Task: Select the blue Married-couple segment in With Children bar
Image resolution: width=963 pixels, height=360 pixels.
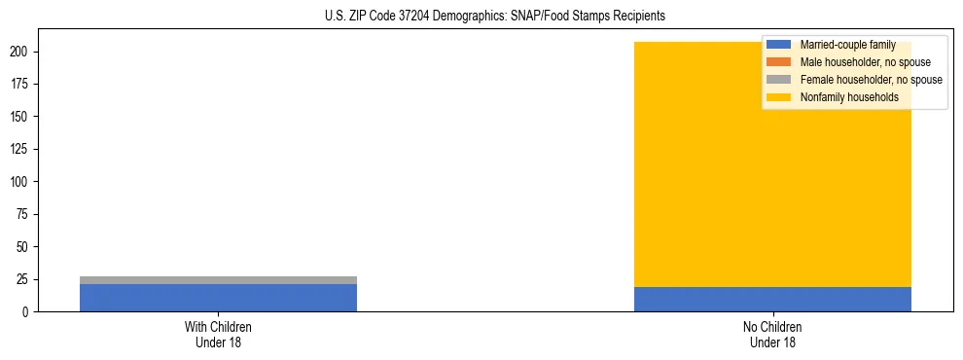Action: click(x=218, y=298)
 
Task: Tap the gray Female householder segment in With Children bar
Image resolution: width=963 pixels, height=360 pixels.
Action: click(x=218, y=280)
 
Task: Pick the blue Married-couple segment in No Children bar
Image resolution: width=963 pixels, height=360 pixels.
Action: click(x=772, y=300)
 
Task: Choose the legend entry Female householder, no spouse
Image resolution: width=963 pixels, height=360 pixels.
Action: click(x=871, y=80)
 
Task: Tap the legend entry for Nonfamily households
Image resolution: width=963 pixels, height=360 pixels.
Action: click(x=849, y=97)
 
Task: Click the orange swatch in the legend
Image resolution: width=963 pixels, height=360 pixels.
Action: click(x=779, y=62)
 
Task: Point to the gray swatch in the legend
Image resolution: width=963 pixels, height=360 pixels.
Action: click(x=779, y=80)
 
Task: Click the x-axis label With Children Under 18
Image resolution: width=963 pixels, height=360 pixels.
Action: click(x=218, y=335)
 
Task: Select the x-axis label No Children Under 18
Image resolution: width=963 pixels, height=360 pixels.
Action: click(x=772, y=335)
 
